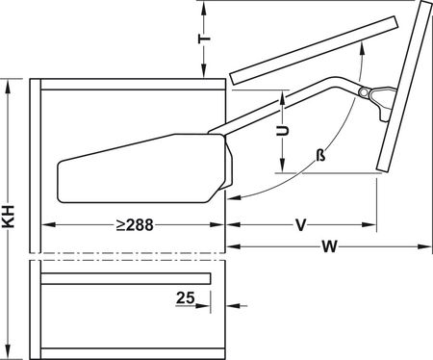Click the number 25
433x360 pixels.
point(188,298)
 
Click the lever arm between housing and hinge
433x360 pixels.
point(289,101)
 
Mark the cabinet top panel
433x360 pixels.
point(130,84)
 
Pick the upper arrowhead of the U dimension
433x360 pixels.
point(283,96)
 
